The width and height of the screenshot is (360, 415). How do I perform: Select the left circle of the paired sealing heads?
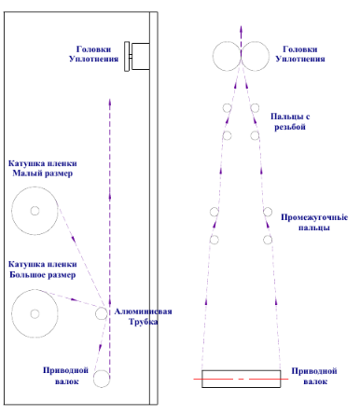[226, 56]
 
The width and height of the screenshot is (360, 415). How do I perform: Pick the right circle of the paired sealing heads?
[255, 56]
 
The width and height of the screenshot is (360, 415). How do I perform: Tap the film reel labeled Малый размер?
[35, 210]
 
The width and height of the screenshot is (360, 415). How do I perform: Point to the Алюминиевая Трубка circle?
[101, 313]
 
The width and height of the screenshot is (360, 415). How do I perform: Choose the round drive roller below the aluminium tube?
[101, 375]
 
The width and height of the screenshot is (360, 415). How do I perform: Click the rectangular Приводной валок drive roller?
[241, 379]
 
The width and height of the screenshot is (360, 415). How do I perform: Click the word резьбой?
[287, 127]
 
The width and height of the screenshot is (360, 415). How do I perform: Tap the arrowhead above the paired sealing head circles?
[241, 31]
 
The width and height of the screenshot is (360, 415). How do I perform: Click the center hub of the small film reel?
[35, 210]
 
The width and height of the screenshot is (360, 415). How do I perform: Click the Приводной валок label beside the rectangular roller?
[311, 375]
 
